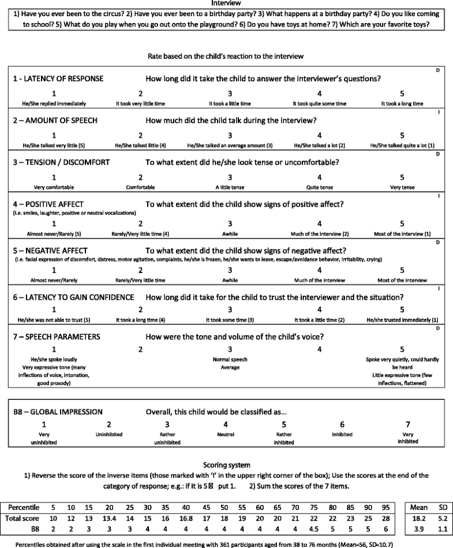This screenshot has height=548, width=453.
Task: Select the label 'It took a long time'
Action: pos(402,103)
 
